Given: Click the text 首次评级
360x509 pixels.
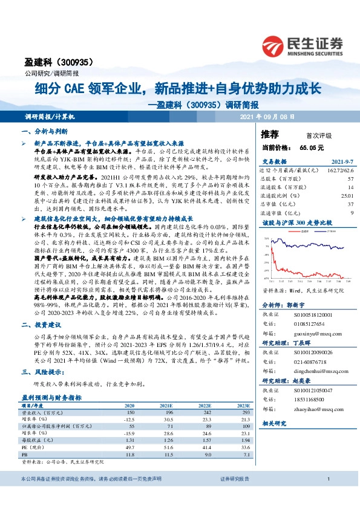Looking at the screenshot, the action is coord(309,135).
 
